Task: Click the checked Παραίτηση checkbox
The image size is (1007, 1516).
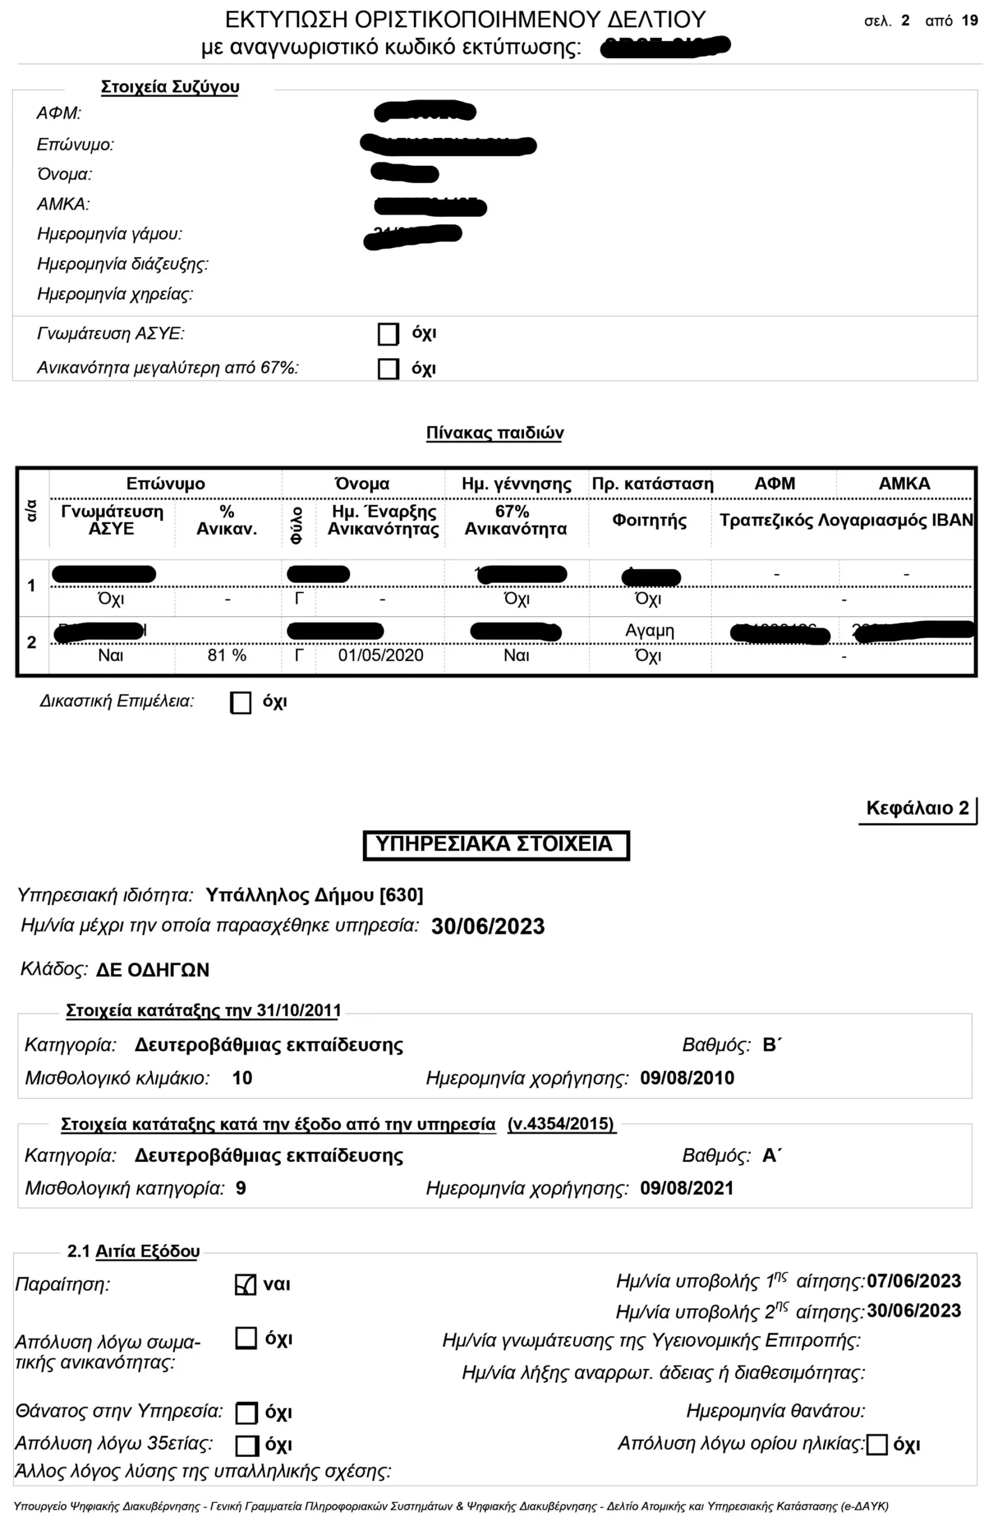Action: (x=245, y=1284)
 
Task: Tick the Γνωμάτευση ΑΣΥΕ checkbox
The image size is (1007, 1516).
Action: (x=388, y=334)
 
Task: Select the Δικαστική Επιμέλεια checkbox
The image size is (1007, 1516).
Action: (x=241, y=702)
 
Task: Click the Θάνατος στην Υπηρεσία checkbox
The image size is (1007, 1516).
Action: (x=247, y=1412)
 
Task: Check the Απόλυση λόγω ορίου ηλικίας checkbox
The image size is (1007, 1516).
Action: (x=877, y=1445)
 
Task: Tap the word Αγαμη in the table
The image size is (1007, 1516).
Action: (x=649, y=630)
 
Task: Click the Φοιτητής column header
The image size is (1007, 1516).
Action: (x=649, y=520)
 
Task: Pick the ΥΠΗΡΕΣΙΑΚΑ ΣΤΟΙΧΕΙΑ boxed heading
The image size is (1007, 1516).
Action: (x=496, y=844)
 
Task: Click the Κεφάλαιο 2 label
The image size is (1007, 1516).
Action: (x=916, y=808)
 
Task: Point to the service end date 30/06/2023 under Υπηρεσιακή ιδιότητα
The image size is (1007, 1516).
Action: (x=487, y=926)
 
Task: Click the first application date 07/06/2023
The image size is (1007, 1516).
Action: (x=913, y=1281)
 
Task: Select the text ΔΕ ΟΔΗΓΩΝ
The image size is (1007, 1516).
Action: (x=153, y=970)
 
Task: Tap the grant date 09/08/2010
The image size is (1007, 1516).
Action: (x=687, y=1078)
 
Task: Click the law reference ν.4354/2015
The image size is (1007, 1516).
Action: (x=561, y=1123)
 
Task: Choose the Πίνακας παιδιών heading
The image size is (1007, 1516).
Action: (x=494, y=433)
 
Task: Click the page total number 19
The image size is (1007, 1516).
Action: (x=969, y=21)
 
